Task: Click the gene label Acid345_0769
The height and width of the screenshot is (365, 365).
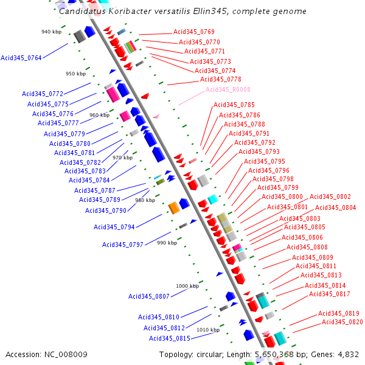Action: tap(193, 32)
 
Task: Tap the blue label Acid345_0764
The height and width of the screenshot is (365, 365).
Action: tap(21, 58)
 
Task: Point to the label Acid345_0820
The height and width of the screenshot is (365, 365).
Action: tap(342, 322)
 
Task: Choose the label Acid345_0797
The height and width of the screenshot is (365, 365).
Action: tap(122, 245)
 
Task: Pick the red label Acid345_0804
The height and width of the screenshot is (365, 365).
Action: tap(335, 208)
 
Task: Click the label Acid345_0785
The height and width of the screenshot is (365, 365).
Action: tap(234, 105)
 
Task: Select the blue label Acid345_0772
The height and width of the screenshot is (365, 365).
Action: tap(43, 94)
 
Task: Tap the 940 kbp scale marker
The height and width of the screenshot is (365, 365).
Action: tap(51, 32)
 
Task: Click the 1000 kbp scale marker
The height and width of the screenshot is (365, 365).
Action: tap(187, 286)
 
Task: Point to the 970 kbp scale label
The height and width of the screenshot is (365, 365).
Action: tap(122, 158)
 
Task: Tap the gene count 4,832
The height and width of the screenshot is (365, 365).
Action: tap(347, 355)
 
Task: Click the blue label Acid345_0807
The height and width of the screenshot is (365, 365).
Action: tap(148, 297)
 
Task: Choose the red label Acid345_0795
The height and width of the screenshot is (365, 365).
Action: tap(264, 162)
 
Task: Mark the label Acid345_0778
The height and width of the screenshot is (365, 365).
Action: tap(220, 80)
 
